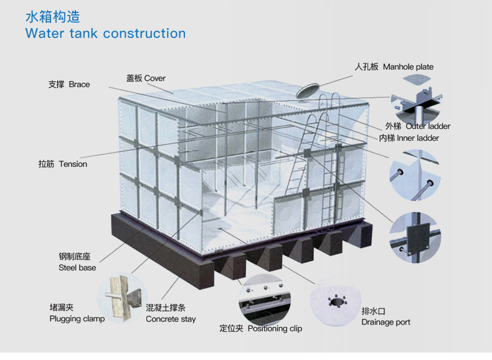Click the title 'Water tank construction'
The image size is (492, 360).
pos(105,33)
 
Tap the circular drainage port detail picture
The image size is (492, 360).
pos(336,301)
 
